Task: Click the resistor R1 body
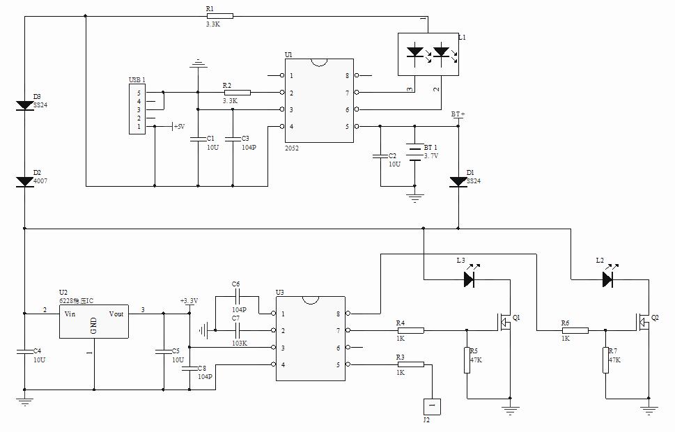click(219, 16)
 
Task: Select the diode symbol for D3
click(25, 105)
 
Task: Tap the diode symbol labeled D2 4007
click(25, 181)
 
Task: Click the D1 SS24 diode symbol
click(458, 181)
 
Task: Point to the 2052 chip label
click(292, 148)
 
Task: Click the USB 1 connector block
click(137, 109)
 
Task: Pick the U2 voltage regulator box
click(93, 322)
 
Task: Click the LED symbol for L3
click(470, 279)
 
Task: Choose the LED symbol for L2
click(607, 279)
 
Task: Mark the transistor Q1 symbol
click(505, 321)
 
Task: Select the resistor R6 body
click(575, 330)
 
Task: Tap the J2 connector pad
click(432, 404)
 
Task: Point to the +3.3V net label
click(189, 301)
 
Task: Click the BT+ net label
click(458, 114)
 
